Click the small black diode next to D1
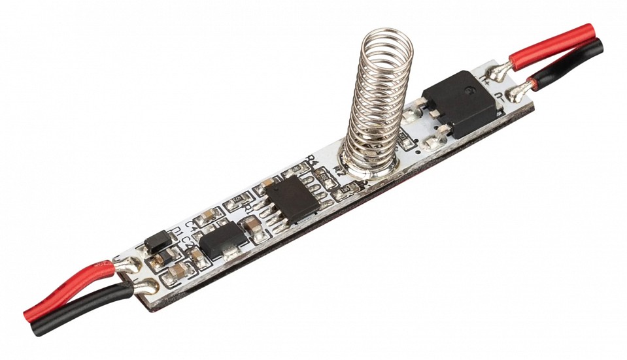tap(158, 242)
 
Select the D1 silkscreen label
tap(174, 231)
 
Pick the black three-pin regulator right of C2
tap(223, 243)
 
